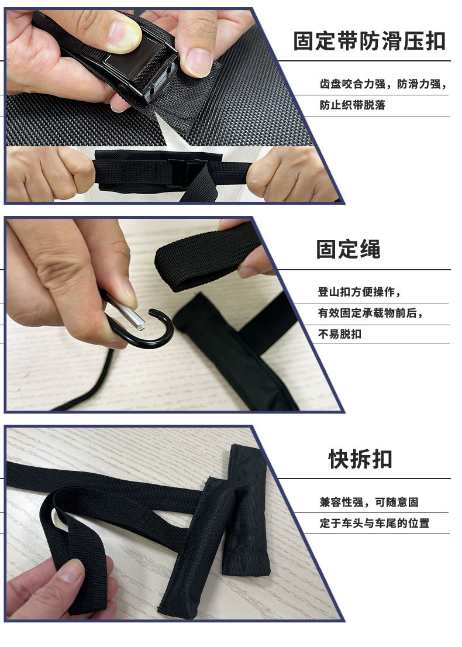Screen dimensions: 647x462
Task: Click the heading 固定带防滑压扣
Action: (x=369, y=42)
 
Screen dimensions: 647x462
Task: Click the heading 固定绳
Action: (x=348, y=249)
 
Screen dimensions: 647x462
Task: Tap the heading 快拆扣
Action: (x=360, y=459)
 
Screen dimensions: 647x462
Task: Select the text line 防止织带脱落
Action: (x=352, y=106)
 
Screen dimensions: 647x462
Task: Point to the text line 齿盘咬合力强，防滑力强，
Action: (x=382, y=84)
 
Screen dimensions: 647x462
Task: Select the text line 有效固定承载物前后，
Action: (x=370, y=314)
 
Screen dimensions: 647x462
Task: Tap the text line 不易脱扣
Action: (x=339, y=335)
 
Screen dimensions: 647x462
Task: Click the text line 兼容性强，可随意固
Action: (x=368, y=503)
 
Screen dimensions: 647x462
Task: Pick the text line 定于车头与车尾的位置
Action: (x=374, y=524)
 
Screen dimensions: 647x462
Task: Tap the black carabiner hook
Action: (x=146, y=328)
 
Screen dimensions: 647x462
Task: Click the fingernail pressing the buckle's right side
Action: (x=199, y=60)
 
